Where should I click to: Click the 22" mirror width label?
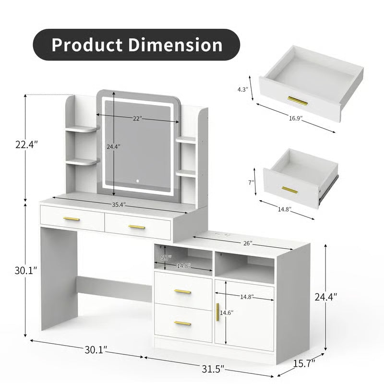pos(137,119)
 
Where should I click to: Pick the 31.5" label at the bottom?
pos(212,369)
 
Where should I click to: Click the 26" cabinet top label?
pos(248,243)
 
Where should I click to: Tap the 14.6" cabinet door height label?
pos(227,312)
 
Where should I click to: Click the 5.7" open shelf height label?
pos(166,257)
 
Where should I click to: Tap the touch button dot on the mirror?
pos(137,181)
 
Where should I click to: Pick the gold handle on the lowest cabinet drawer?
pos(183,323)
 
